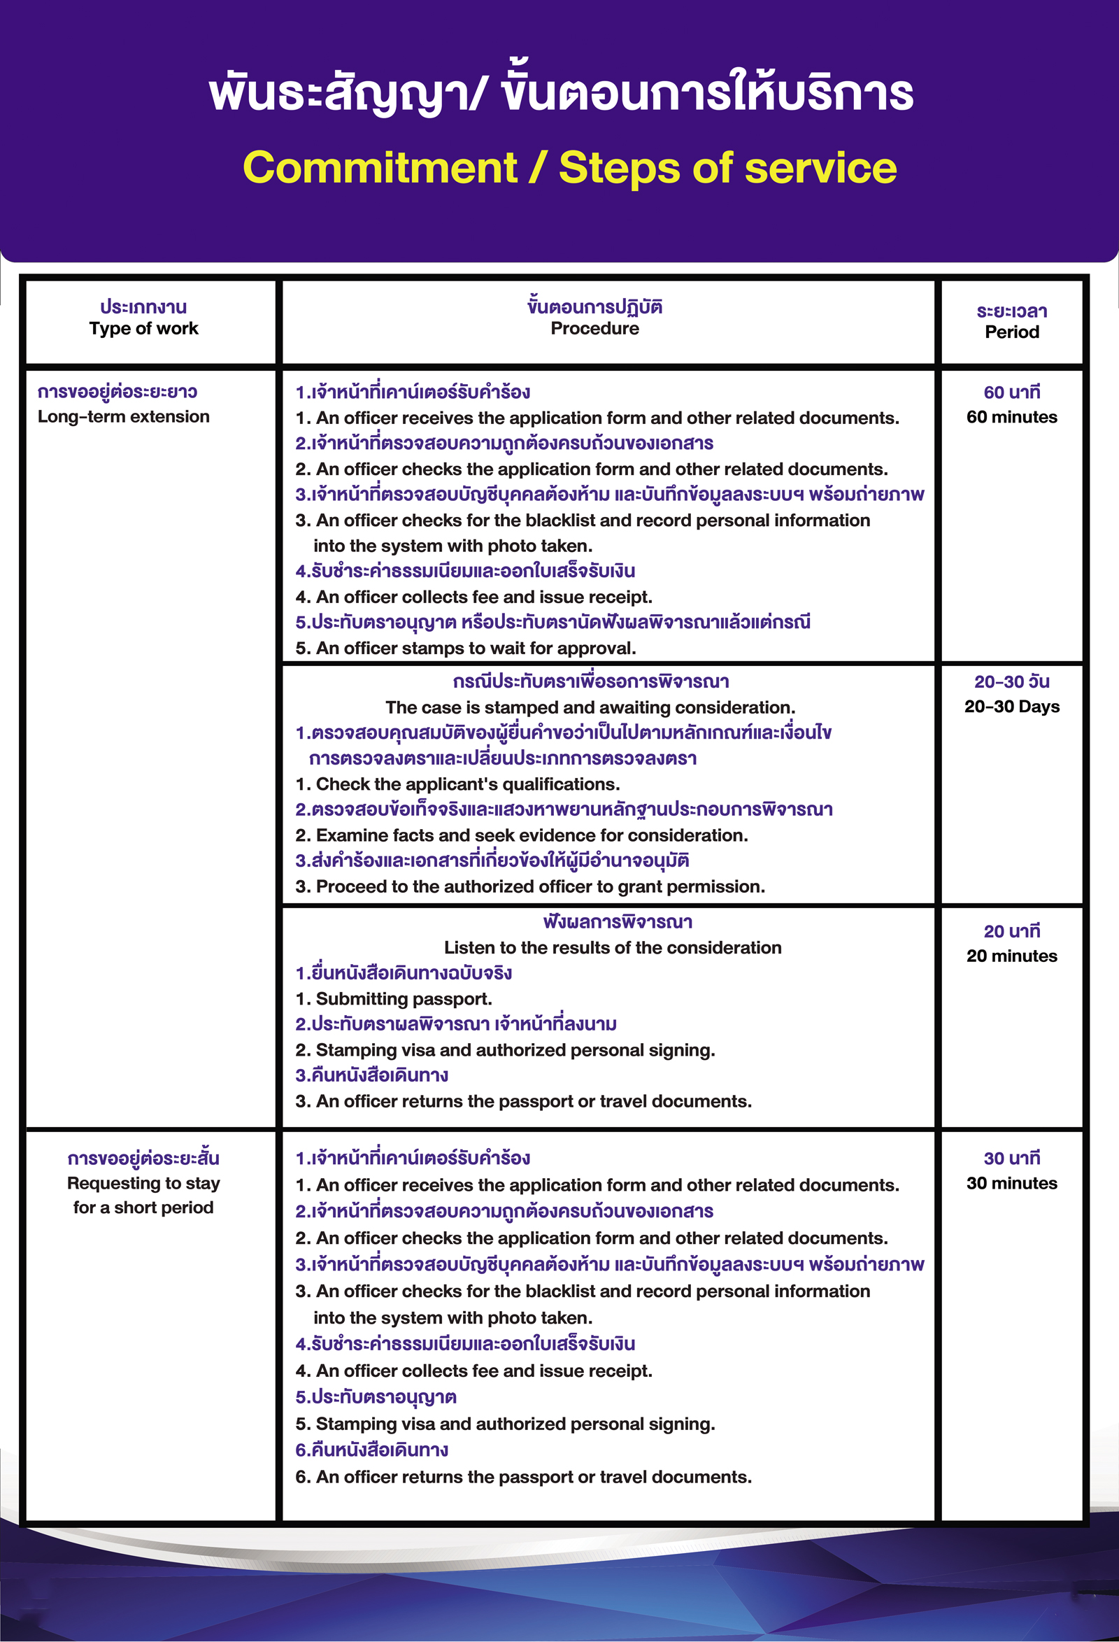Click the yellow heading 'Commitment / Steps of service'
569,168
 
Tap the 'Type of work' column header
143,329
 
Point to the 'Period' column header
1011,332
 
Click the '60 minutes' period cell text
1011,417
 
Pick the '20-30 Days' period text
1011,707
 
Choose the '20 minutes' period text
1011,956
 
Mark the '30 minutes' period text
1011,1184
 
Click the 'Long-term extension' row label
124,417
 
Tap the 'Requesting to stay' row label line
143,1184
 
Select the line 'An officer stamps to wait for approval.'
466,649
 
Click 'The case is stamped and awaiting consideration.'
590,707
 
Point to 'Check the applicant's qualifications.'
458,784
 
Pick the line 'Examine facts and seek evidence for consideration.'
521,835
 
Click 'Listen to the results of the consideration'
613,947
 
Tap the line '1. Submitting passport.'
394,999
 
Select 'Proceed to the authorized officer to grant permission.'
530,886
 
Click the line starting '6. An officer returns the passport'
523,1477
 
